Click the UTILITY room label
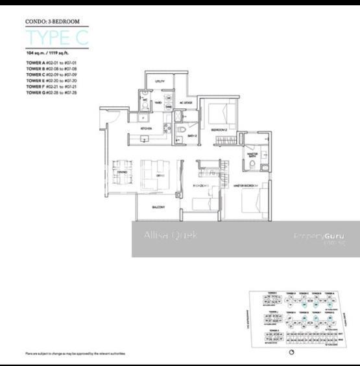point(160,82)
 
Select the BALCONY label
point(158,207)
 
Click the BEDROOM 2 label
point(219,130)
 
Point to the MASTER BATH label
point(252,155)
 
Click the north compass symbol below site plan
point(291,352)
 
